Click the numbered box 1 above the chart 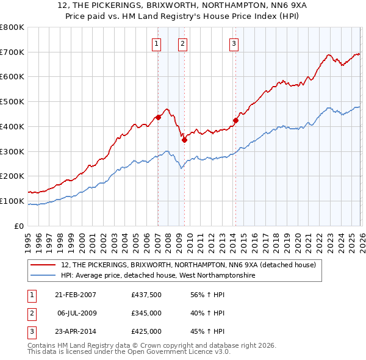click(x=157, y=43)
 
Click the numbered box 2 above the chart click(x=182, y=43)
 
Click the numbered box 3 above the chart click(x=234, y=43)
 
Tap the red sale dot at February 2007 click(x=158, y=117)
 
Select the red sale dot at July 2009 click(x=184, y=140)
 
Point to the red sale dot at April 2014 click(x=235, y=120)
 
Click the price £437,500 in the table click(x=146, y=295)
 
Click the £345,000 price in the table click(x=146, y=313)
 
